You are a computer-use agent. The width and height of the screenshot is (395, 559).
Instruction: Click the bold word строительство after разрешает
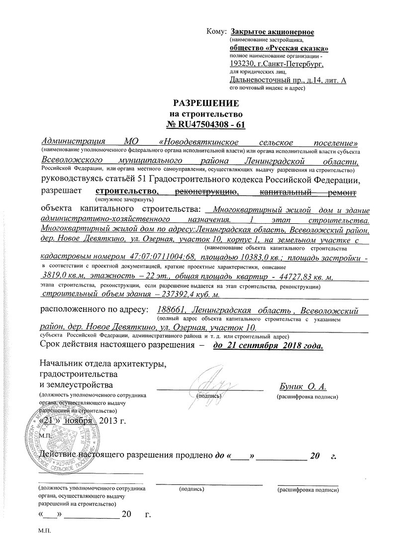click(x=126, y=191)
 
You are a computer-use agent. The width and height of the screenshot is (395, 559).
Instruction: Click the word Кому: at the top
click(x=216, y=32)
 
